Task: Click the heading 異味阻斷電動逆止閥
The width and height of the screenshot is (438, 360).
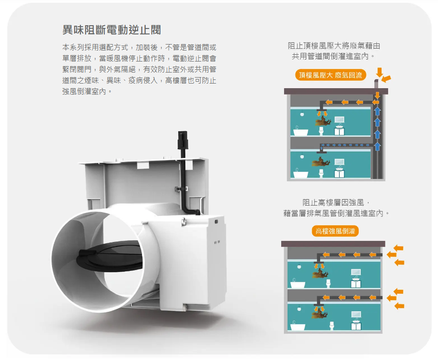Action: tap(112, 30)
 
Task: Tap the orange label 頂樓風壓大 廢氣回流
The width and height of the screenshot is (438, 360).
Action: tap(330, 75)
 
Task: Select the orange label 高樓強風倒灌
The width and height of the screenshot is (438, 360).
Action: tap(335, 231)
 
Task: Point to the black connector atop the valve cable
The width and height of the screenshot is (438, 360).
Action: tap(182, 140)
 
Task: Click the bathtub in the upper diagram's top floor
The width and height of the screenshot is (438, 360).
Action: tap(301, 131)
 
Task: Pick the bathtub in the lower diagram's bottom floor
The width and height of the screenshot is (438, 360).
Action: tap(298, 326)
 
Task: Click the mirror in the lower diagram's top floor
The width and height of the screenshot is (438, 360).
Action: tap(356, 272)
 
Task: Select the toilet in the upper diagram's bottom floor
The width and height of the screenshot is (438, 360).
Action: tap(321, 173)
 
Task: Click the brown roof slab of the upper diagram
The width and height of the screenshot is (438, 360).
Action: tap(336, 91)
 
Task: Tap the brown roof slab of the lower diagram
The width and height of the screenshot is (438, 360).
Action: tap(333, 244)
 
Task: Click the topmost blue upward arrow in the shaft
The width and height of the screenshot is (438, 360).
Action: tap(377, 111)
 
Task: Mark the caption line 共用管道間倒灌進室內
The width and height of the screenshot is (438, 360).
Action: tap(333, 56)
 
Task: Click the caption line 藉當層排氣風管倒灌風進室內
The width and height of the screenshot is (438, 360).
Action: tap(336, 214)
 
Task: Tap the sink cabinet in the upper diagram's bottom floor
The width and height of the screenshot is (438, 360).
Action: tap(339, 174)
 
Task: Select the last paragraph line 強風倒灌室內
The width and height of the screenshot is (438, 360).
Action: tap(87, 91)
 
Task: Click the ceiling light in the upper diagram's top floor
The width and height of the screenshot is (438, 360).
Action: tap(302, 114)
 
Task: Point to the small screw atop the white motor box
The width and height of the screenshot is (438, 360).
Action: tap(184, 222)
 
